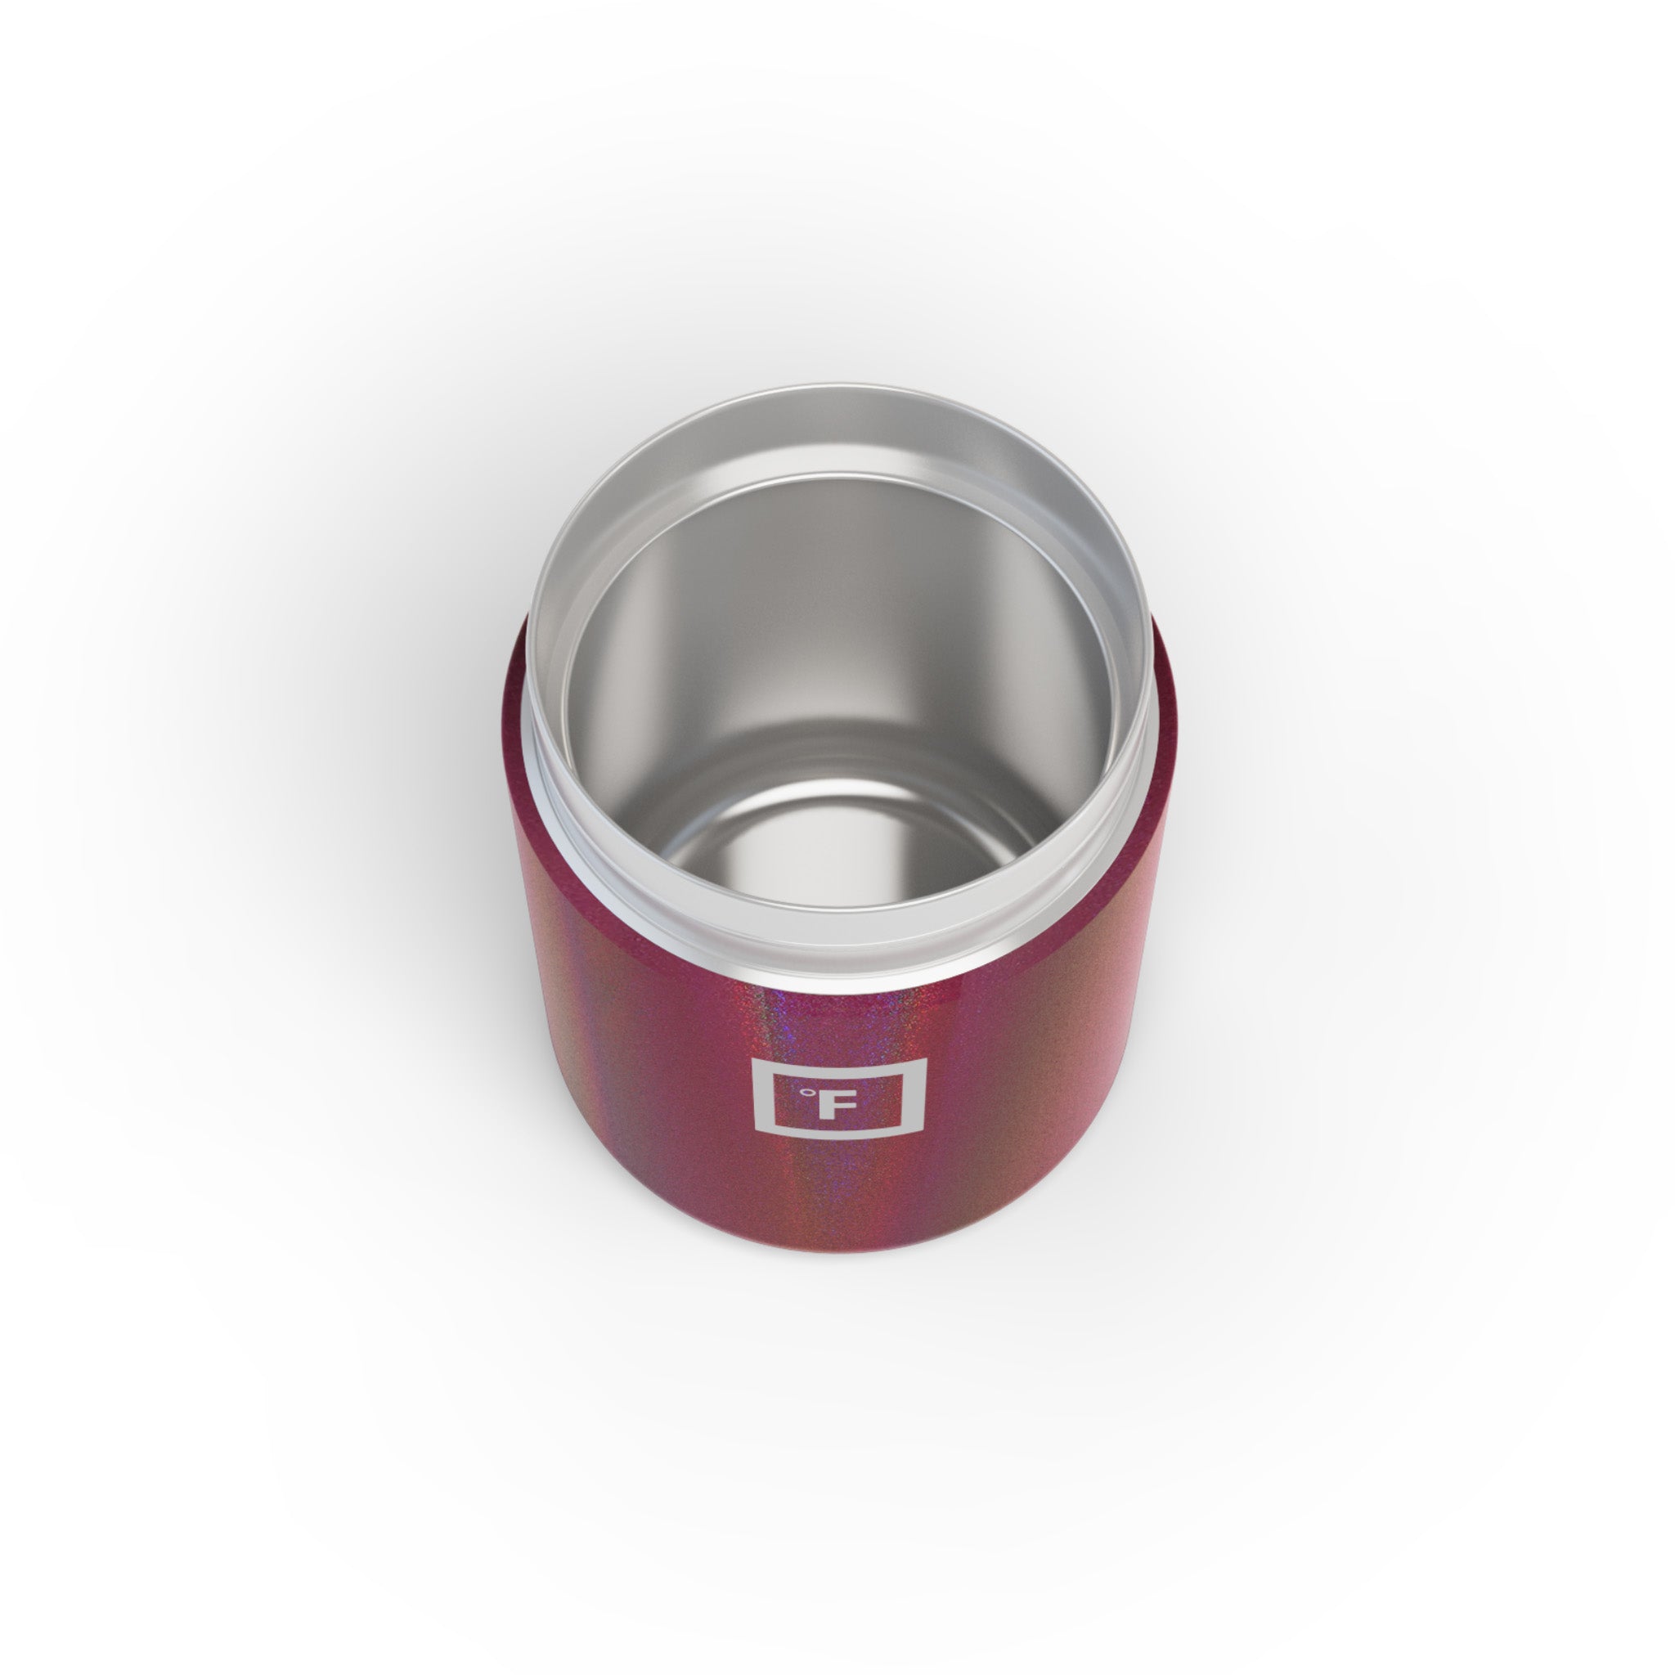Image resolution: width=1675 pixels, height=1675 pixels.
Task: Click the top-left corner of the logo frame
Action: [752, 1058]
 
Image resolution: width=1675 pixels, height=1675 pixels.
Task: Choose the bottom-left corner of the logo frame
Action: [752, 1158]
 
